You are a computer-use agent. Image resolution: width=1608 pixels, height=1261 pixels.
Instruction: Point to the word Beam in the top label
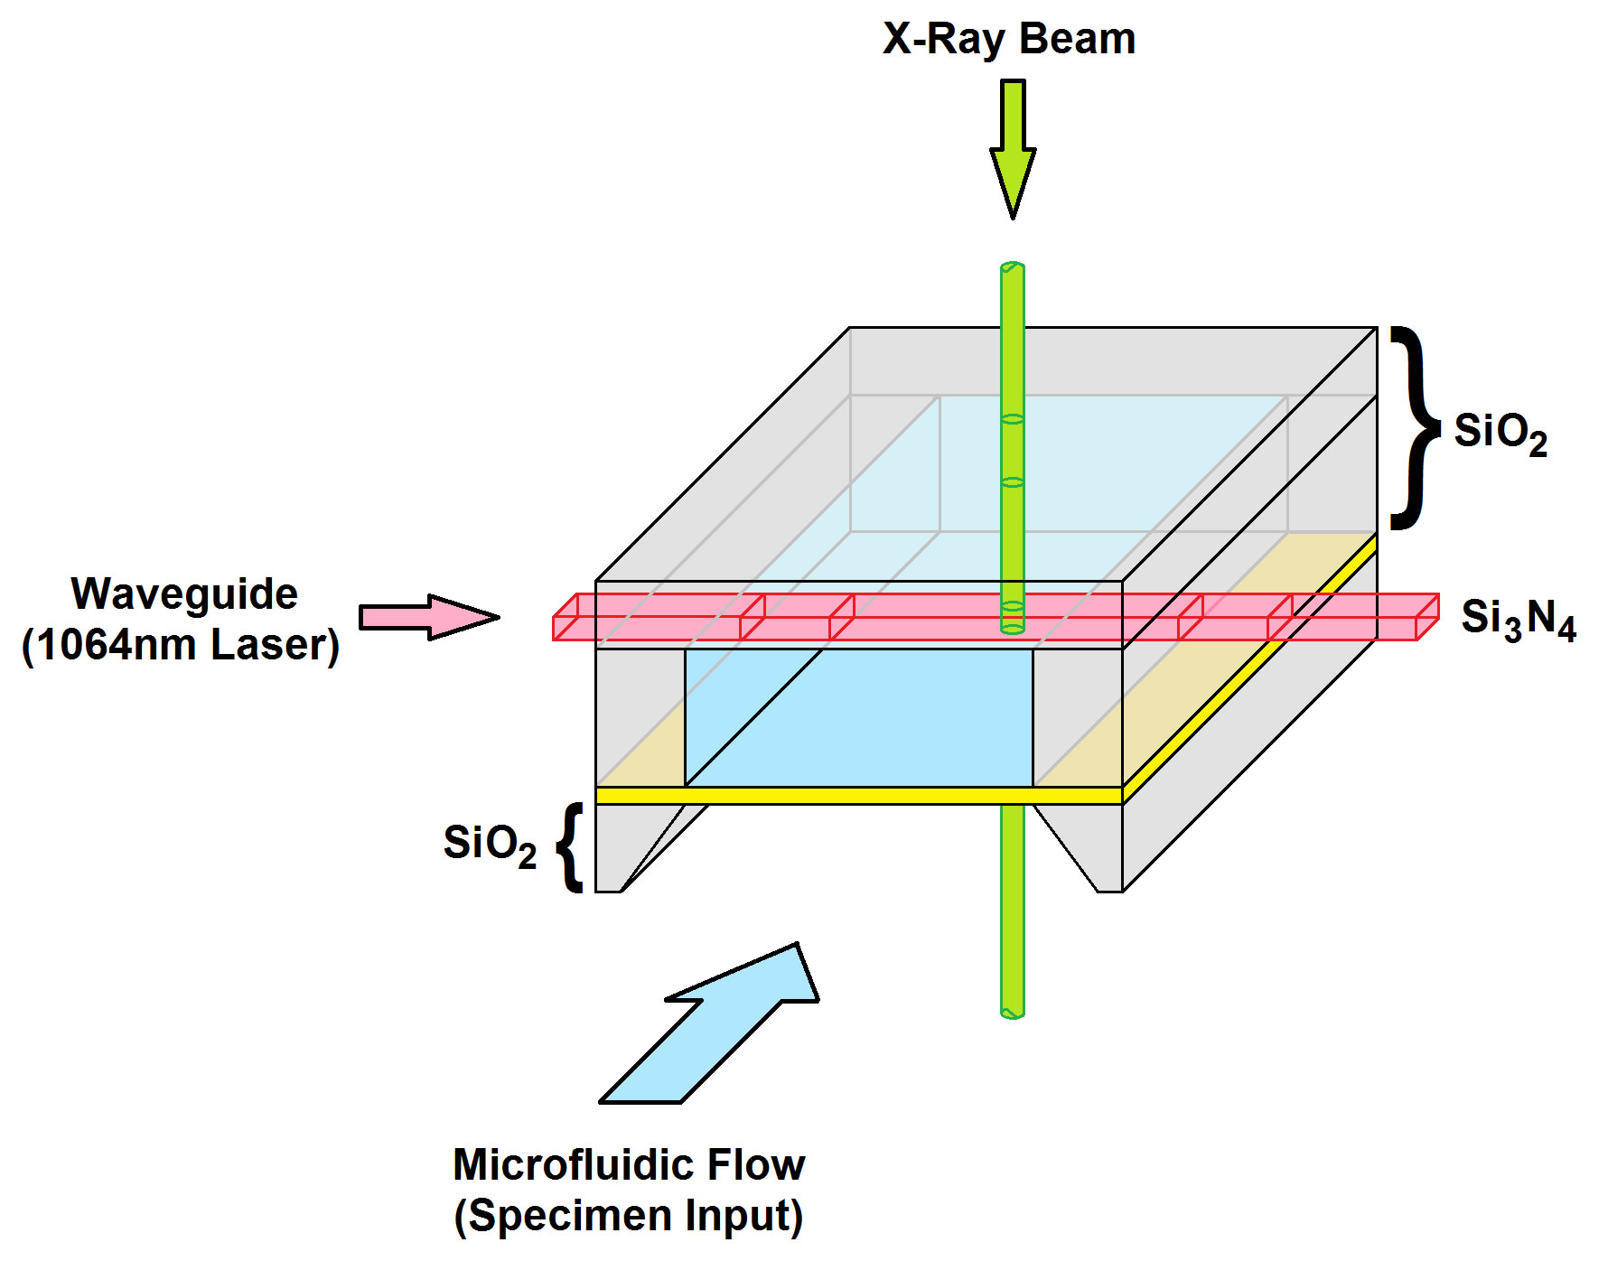1077,40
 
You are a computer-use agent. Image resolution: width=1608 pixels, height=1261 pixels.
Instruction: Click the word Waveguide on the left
184,594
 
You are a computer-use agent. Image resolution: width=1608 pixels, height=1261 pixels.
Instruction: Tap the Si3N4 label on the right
1518,620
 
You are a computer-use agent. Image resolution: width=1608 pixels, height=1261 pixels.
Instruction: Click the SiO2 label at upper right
1500,433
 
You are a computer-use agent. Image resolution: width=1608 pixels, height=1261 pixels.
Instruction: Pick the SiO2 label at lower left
489,845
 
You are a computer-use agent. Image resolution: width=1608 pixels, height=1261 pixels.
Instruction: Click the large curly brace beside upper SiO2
1412,427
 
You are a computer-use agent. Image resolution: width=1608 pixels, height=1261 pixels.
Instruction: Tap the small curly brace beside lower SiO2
570,847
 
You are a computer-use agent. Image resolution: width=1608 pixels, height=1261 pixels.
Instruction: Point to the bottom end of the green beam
1013,1012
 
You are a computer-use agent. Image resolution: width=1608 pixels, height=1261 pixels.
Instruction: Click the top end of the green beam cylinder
1013,268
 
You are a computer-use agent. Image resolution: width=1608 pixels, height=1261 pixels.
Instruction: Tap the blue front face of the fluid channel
858,717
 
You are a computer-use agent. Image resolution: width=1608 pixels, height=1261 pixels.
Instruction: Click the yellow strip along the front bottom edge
858,796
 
